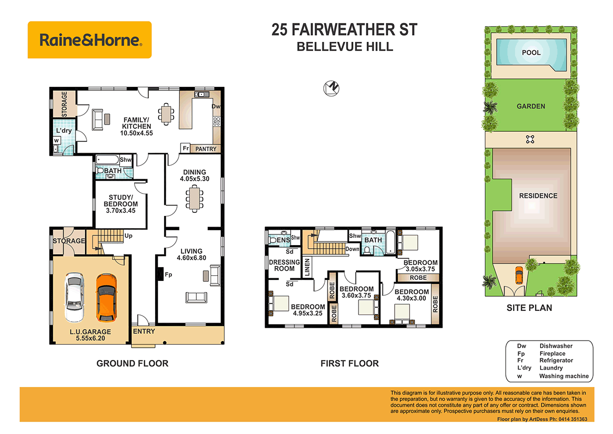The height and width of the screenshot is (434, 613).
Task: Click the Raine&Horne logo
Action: point(89,40)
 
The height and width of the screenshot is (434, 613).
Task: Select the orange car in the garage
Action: point(106,298)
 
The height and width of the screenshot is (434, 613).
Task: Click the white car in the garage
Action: point(74,298)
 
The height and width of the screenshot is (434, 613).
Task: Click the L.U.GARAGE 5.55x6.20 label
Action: point(90,334)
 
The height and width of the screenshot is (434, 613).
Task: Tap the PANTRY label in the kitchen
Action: point(207,149)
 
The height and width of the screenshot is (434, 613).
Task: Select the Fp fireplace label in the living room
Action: point(168,274)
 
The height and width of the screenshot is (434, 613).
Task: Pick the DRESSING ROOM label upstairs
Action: point(284,266)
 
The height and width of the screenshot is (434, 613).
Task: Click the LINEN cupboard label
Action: point(308,268)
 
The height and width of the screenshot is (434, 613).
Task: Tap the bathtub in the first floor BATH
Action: point(390,242)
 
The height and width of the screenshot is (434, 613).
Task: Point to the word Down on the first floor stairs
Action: point(352,249)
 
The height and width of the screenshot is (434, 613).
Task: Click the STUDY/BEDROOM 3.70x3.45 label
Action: point(121,203)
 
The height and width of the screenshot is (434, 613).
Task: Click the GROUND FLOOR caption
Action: point(133,364)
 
